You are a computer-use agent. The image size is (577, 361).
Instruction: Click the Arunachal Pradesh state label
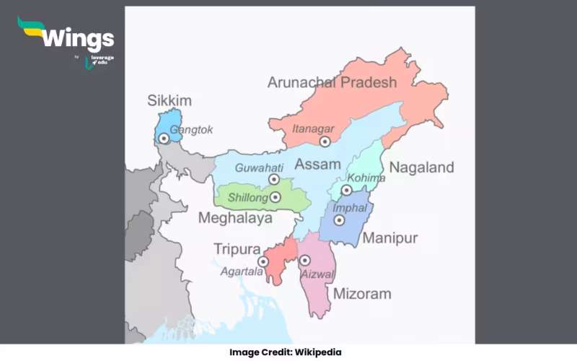[332, 82]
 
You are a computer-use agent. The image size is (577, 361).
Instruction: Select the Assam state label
[318, 163]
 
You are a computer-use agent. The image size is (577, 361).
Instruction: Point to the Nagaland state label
[422, 168]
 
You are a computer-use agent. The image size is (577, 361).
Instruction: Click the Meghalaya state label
[234, 217]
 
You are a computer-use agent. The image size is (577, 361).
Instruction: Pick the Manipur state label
[390, 238]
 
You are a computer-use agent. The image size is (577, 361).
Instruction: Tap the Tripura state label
[237, 249]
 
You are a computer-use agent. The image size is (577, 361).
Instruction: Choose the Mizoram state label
[362, 294]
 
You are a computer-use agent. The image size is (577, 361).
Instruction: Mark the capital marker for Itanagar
[325, 142]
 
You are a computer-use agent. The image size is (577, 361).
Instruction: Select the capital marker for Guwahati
[274, 180]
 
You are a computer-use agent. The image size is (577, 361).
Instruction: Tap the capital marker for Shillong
[275, 196]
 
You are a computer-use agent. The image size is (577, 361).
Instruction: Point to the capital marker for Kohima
[346, 191]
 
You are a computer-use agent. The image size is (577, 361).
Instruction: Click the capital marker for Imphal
[339, 219]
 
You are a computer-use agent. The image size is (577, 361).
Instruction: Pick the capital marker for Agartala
[264, 261]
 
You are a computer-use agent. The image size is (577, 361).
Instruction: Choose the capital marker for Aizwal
[305, 260]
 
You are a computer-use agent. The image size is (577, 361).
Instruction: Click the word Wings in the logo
[77, 38]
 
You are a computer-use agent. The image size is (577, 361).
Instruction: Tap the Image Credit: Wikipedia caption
[286, 352]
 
